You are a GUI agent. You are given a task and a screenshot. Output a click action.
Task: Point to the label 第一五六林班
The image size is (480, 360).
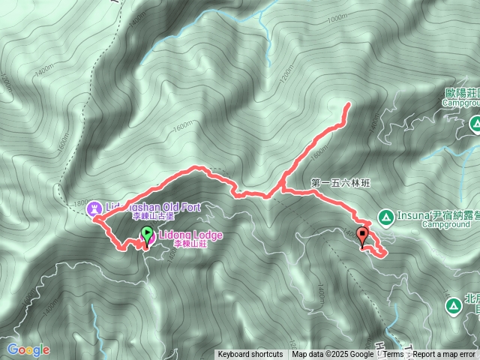coord(340,182)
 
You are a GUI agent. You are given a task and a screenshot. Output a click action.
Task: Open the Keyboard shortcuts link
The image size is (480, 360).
coord(250,355)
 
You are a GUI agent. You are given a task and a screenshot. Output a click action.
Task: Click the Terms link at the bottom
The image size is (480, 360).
coord(394,355)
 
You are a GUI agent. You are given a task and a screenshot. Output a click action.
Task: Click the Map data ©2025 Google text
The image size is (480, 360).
coord(332,355)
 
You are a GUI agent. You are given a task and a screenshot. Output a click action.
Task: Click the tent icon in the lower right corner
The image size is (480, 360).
coord(453,306)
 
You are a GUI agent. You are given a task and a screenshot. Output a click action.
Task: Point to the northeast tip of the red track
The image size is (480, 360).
coord(348,106)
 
